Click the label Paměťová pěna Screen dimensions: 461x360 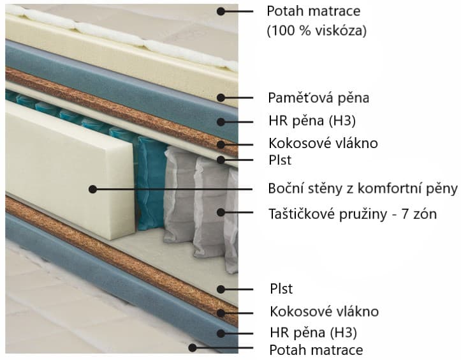[318, 98]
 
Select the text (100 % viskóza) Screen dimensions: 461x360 [317, 31]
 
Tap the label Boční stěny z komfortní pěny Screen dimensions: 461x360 [363, 189]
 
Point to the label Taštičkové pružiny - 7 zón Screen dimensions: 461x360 [353, 214]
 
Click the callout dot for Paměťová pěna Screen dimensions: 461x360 [221, 98]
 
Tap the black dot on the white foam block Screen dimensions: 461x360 [93, 190]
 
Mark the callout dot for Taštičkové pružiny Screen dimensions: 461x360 [221, 212]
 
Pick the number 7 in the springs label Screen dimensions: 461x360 [405, 214]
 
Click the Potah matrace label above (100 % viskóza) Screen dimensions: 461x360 [314, 11]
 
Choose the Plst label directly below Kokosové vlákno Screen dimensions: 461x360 [280, 160]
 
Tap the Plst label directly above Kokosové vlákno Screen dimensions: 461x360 [281, 289]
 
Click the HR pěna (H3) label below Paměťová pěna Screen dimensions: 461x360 [312, 121]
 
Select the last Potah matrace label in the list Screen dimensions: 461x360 [316, 350]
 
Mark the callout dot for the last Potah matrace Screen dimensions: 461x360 [193, 348]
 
